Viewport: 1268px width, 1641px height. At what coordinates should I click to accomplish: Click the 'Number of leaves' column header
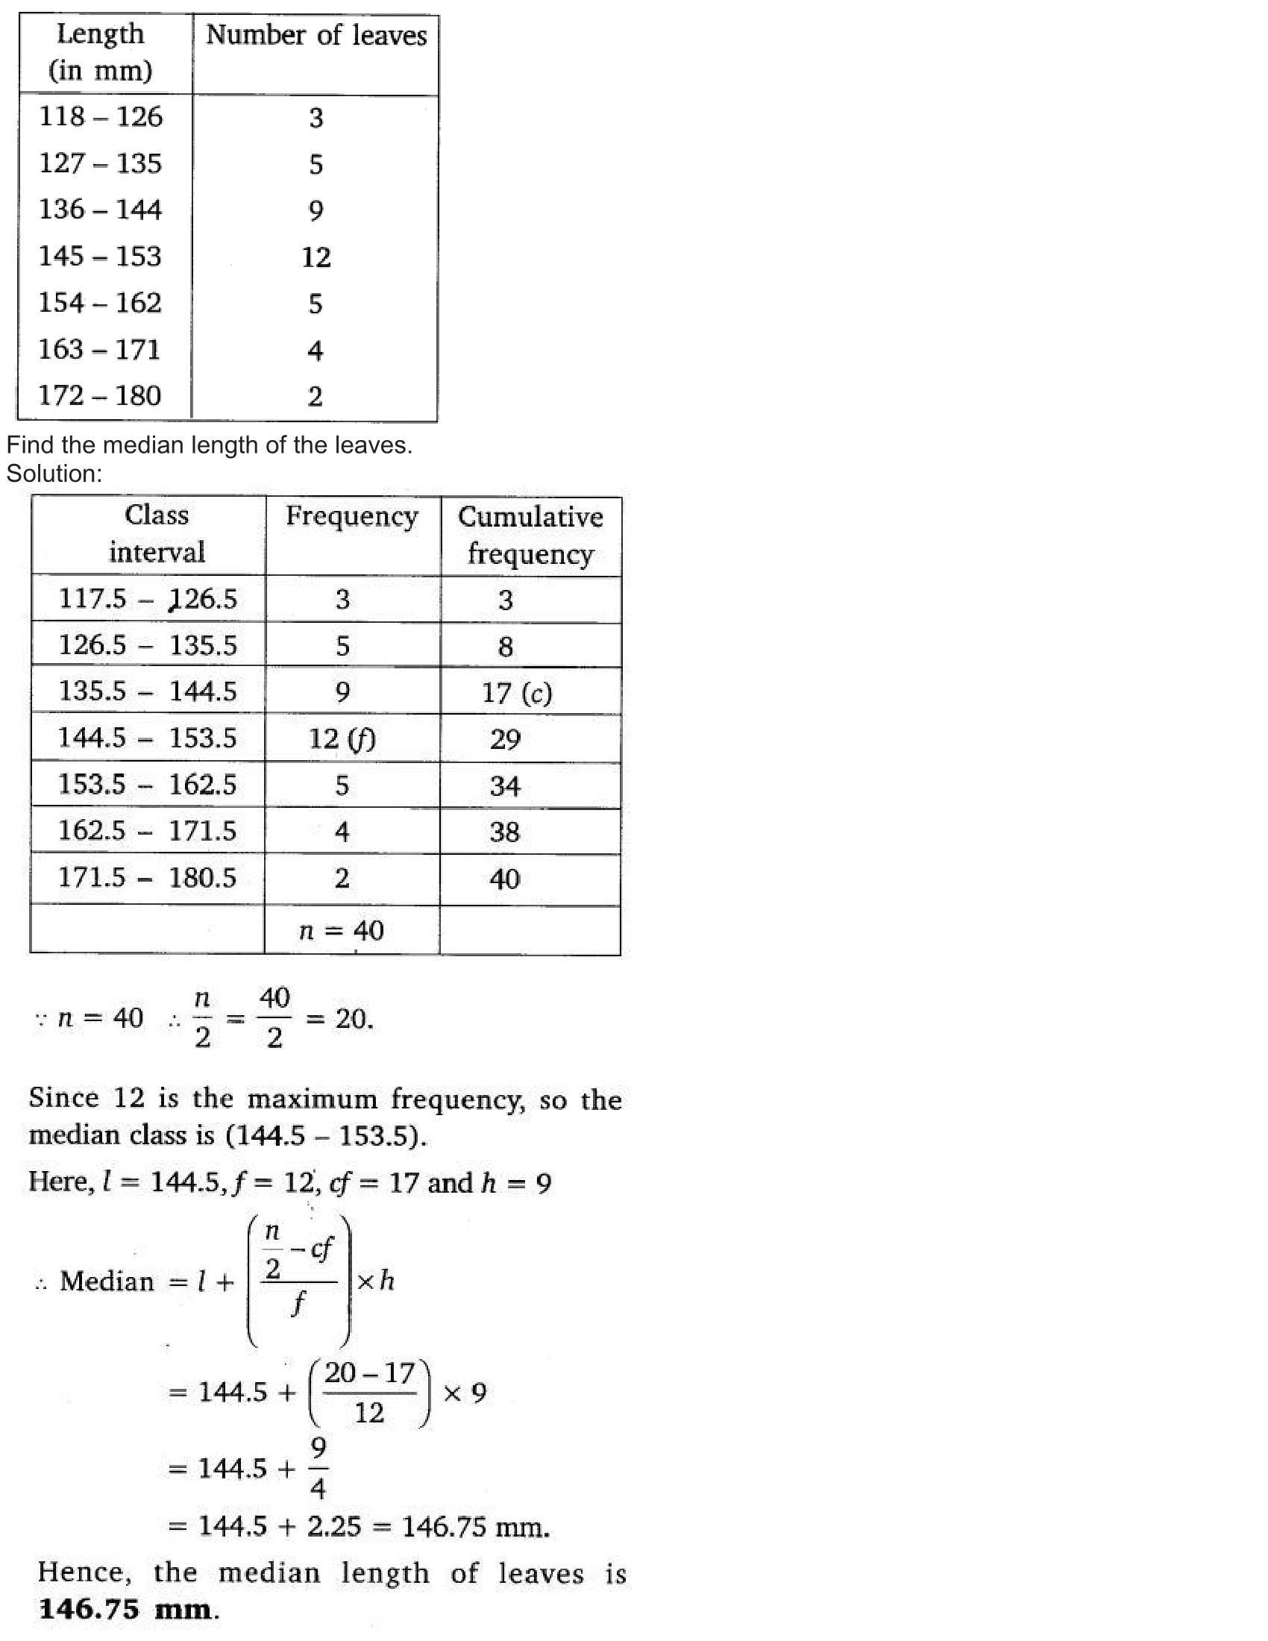tap(316, 36)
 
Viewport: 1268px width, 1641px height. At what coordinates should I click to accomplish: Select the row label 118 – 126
tap(101, 117)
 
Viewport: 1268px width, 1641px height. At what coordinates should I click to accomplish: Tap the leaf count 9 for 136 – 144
tap(316, 211)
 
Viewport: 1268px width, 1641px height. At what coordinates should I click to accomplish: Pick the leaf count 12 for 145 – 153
tap(316, 258)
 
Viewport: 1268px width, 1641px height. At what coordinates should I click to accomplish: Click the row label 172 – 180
tap(100, 396)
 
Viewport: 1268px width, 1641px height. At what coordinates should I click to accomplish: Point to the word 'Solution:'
tap(54, 474)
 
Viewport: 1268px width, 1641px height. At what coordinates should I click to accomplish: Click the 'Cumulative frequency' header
tap(530, 536)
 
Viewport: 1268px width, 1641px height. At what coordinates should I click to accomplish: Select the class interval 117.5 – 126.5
tap(147, 599)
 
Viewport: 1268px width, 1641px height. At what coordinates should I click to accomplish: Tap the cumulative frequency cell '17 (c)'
tap(517, 693)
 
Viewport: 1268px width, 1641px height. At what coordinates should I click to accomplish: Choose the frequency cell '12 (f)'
tap(342, 739)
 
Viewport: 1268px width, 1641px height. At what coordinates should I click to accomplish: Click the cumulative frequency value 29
tap(505, 740)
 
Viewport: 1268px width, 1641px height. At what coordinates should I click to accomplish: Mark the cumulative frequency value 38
tap(504, 832)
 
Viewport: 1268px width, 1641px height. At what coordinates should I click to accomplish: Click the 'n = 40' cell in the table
tap(342, 931)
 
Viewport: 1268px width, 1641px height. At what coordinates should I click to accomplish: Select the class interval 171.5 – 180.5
tap(147, 878)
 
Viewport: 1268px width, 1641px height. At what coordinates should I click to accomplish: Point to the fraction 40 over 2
tap(274, 1018)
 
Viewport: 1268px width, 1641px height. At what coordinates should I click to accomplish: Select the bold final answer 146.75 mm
tap(125, 1610)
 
